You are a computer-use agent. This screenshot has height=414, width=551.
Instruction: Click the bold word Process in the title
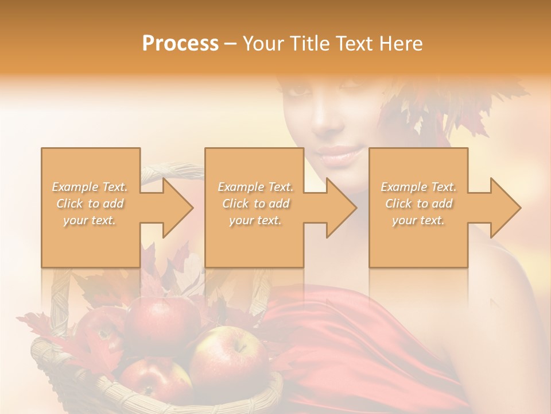click(180, 43)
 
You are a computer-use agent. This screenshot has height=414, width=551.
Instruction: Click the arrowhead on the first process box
click(177, 208)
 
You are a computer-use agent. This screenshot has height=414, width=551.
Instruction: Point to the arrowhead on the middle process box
click(341, 208)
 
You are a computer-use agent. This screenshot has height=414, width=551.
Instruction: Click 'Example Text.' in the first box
click(90, 187)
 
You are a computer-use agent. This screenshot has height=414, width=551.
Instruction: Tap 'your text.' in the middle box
click(255, 220)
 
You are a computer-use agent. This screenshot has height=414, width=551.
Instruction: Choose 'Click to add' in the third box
click(419, 204)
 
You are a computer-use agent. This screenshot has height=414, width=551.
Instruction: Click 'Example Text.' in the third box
click(419, 187)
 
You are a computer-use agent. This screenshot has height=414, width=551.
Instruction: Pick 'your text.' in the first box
click(90, 220)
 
